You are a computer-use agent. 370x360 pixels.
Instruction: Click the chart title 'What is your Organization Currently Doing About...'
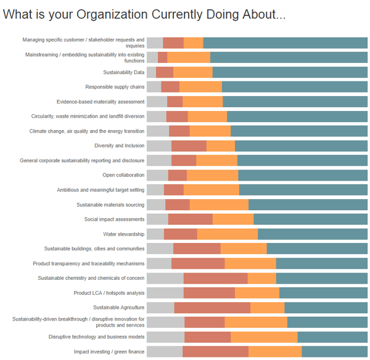coord(144,14)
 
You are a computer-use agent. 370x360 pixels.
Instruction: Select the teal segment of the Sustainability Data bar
coord(290,72)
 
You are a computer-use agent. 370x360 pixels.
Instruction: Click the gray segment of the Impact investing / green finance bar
coord(165,351)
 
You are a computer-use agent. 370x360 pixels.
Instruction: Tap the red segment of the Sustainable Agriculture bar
coord(212,307)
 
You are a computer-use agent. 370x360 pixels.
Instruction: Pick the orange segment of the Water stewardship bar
coord(228,234)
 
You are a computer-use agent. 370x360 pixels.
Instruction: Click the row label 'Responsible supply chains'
coord(115,87)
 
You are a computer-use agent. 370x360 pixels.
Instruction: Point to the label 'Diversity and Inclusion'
coord(119,145)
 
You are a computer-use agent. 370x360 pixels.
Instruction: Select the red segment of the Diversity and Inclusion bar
coord(189,145)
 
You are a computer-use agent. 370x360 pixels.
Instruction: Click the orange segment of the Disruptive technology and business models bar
coord(264,337)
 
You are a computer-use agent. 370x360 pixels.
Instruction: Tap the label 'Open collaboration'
coord(123,175)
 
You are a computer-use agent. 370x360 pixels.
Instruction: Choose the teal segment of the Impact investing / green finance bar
coord(334,351)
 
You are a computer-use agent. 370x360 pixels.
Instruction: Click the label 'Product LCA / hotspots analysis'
coord(109,293)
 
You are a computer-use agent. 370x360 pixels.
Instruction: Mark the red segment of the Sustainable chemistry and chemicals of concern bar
coord(215,278)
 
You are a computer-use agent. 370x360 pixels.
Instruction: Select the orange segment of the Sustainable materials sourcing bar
coord(219,205)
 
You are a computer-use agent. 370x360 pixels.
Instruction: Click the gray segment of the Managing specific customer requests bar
coord(155,43)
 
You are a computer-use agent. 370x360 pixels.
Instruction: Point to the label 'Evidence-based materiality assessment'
coord(101,102)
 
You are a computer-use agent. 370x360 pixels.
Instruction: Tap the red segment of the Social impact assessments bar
coord(191,219)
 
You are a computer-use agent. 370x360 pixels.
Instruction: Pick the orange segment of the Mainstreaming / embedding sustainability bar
coord(189,57)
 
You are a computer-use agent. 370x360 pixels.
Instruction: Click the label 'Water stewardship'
coord(124,234)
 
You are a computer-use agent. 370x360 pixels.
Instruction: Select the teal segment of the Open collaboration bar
coord(303,175)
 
